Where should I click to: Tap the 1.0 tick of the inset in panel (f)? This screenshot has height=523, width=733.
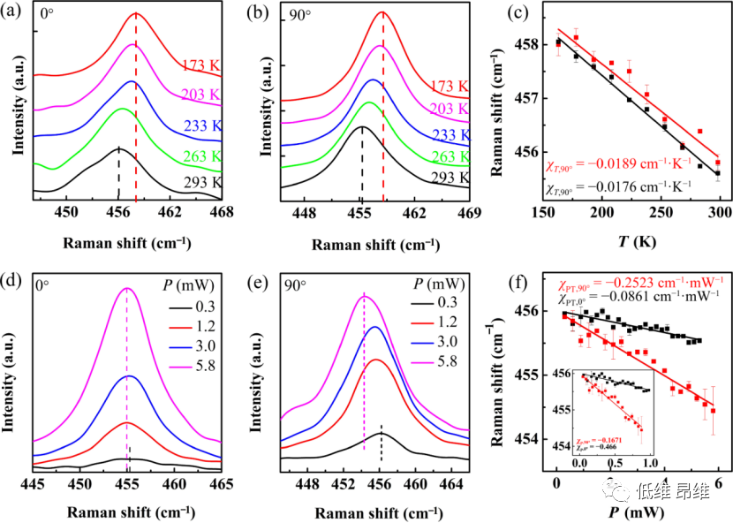point(650,461)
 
